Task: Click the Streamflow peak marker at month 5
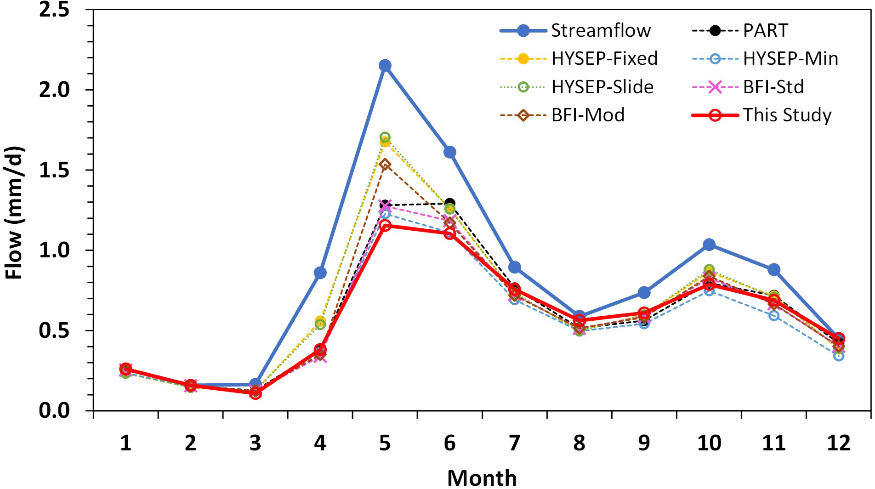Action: click(x=385, y=66)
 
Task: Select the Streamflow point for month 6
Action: click(x=450, y=152)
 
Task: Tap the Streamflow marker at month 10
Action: click(x=709, y=244)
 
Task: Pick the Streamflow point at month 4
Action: click(x=320, y=273)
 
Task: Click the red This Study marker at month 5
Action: click(x=385, y=225)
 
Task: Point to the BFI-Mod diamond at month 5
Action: click(x=385, y=165)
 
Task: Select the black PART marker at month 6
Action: click(x=450, y=203)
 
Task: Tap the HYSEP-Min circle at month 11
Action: click(x=774, y=315)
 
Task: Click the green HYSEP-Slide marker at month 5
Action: click(x=385, y=137)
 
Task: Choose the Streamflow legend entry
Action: click(x=601, y=31)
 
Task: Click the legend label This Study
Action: click(x=787, y=115)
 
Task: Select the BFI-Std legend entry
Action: click(x=773, y=87)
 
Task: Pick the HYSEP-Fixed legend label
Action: click(x=604, y=59)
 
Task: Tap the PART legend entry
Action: click(x=765, y=31)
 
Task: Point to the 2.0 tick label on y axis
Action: click(x=54, y=90)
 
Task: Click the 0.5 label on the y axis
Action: click(x=54, y=330)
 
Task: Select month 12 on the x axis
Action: click(x=839, y=443)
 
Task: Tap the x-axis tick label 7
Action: click(x=515, y=443)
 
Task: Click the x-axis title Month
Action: click(x=482, y=478)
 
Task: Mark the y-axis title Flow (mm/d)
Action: click(x=15, y=213)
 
